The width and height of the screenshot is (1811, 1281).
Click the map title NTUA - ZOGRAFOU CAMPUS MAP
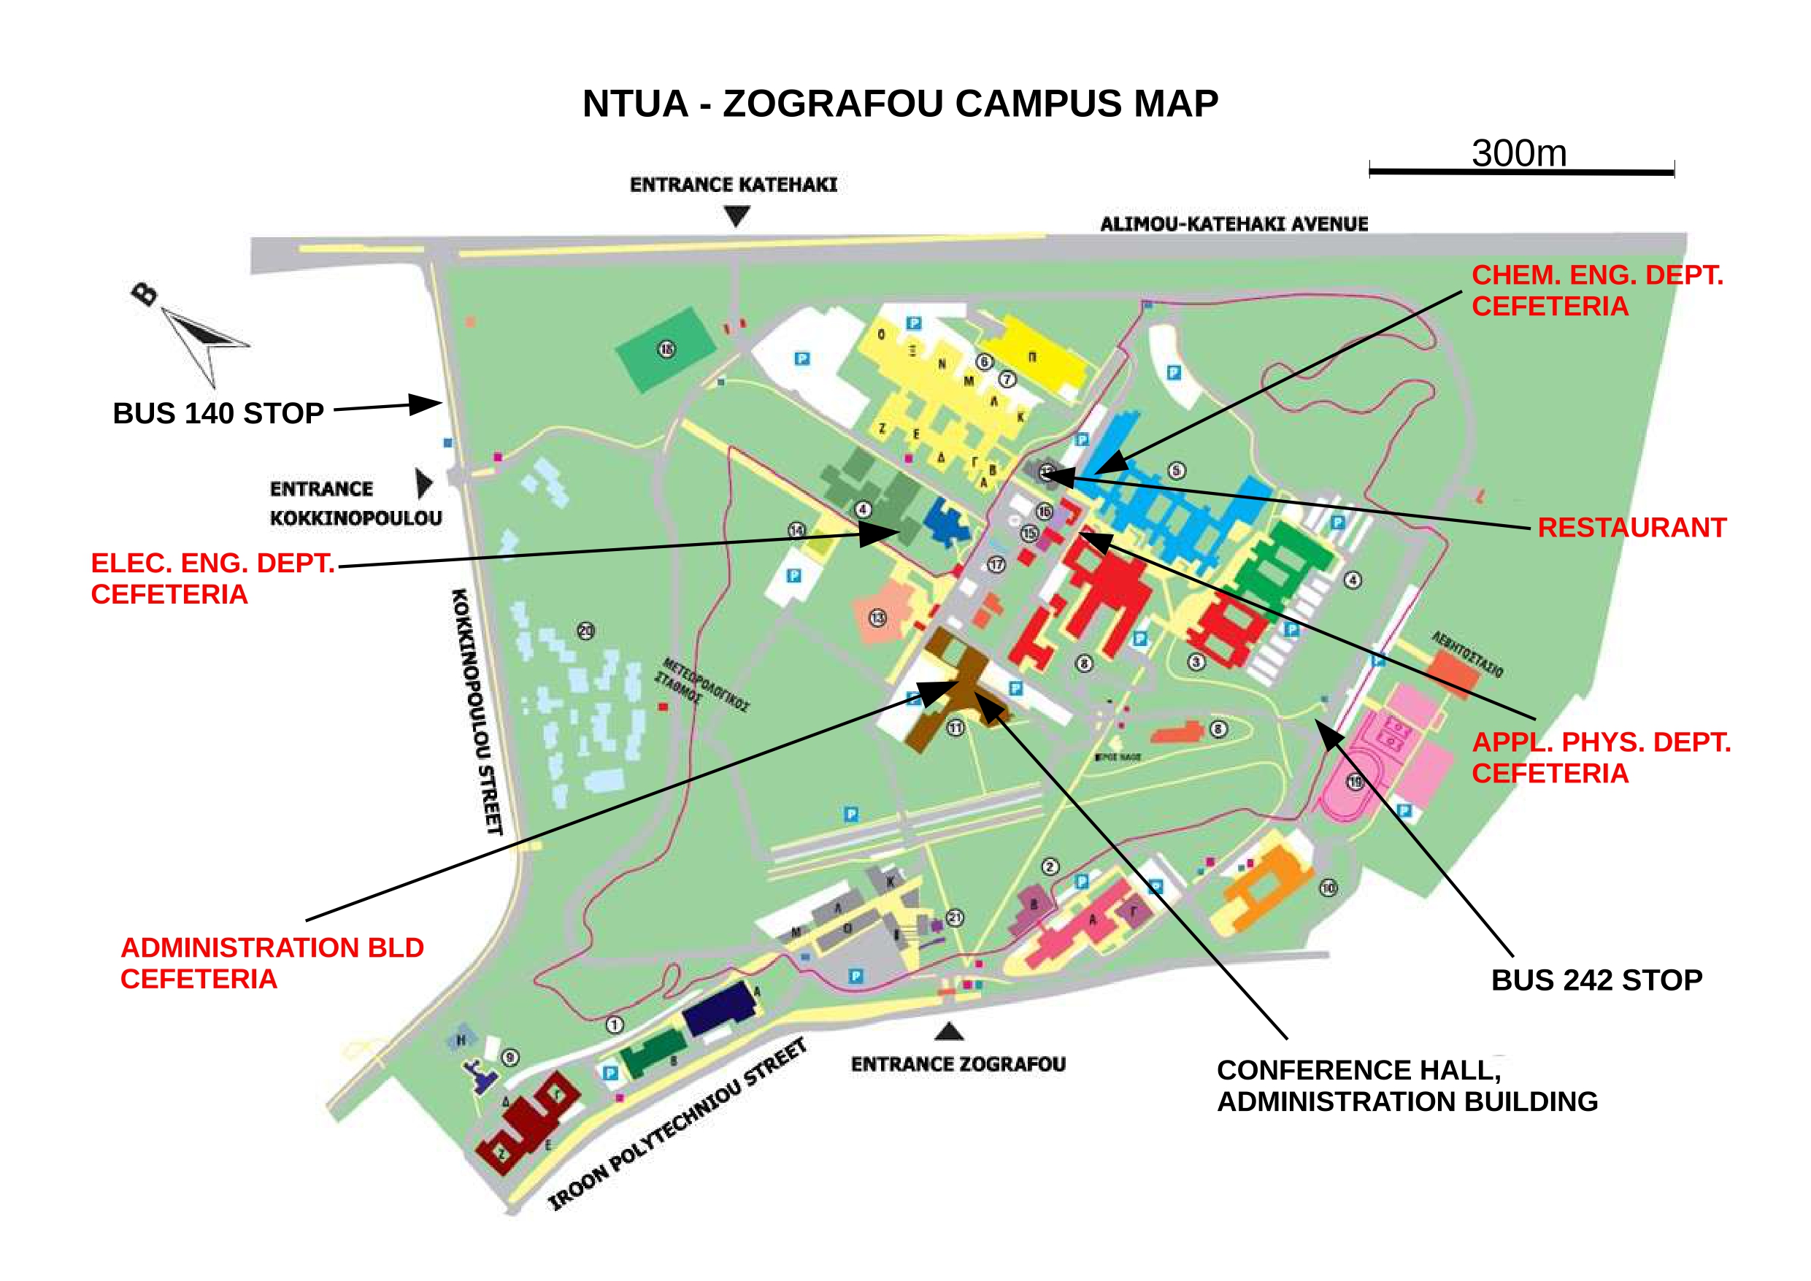click(x=900, y=104)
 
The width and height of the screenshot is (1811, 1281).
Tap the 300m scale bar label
click(x=1518, y=153)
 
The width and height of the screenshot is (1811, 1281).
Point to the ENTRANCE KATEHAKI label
click(x=733, y=185)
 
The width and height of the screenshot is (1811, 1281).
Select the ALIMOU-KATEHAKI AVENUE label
click(x=1234, y=224)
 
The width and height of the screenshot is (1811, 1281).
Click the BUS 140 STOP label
click(x=218, y=413)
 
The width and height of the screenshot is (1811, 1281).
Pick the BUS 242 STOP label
click(x=1596, y=980)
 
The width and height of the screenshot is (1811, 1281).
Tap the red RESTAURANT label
click(x=1632, y=527)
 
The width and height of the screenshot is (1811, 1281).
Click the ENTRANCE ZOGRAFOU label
click(x=958, y=1064)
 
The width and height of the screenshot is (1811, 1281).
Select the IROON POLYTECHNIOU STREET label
click(x=678, y=1125)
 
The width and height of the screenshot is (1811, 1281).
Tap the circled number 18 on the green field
click(x=666, y=349)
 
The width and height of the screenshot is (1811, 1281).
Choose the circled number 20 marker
click(x=585, y=630)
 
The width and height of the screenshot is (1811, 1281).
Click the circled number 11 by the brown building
click(x=956, y=727)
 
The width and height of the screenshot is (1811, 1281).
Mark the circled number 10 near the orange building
click(x=1329, y=888)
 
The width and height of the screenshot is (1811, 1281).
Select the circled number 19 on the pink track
click(x=1354, y=782)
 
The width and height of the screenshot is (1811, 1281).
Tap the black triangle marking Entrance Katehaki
click(x=737, y=215)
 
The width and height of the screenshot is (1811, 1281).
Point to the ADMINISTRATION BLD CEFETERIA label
click(x=272, y=963)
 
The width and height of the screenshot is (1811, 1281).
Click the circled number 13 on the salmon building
click(x=877, y=618)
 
